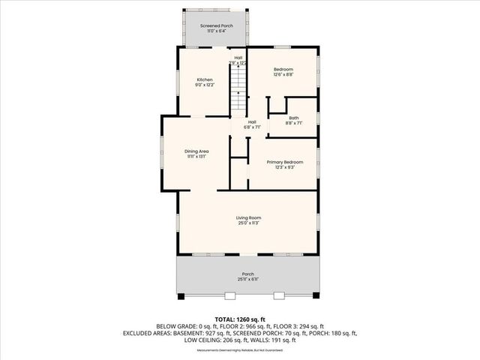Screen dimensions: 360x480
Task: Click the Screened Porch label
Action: (215, 25)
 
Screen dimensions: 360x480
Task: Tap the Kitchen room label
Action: (205, 79)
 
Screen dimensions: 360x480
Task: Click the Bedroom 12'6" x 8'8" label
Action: (283, 69)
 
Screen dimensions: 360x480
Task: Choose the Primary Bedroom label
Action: (283, 162)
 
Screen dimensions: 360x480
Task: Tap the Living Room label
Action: (248, 217)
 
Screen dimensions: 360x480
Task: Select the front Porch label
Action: (247, 274)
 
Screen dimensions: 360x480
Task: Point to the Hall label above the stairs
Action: (238, 57)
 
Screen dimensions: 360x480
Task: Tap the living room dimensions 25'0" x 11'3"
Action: (248, 223)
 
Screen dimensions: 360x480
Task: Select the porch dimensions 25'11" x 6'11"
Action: (247, 279)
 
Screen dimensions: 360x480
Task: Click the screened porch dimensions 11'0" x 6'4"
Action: (215, 31)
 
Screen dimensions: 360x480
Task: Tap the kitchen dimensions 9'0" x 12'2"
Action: (205, 85)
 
